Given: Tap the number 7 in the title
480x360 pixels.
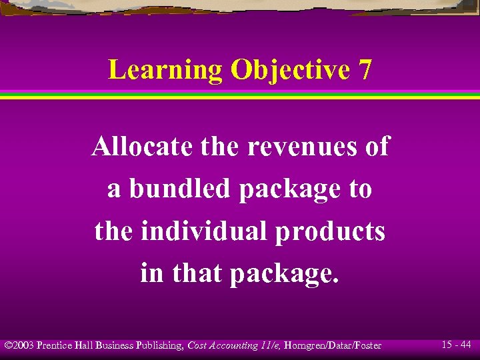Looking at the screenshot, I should point(365,70).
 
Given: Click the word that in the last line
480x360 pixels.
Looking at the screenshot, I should point(199,273).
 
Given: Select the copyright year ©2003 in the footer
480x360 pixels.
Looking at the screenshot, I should point(19,345).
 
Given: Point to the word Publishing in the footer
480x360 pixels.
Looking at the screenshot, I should point(160,345).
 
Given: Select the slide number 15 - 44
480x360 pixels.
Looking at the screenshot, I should point(457,345).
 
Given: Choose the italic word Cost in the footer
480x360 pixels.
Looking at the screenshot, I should point(197,345).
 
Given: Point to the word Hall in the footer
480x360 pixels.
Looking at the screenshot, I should point(85,345).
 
